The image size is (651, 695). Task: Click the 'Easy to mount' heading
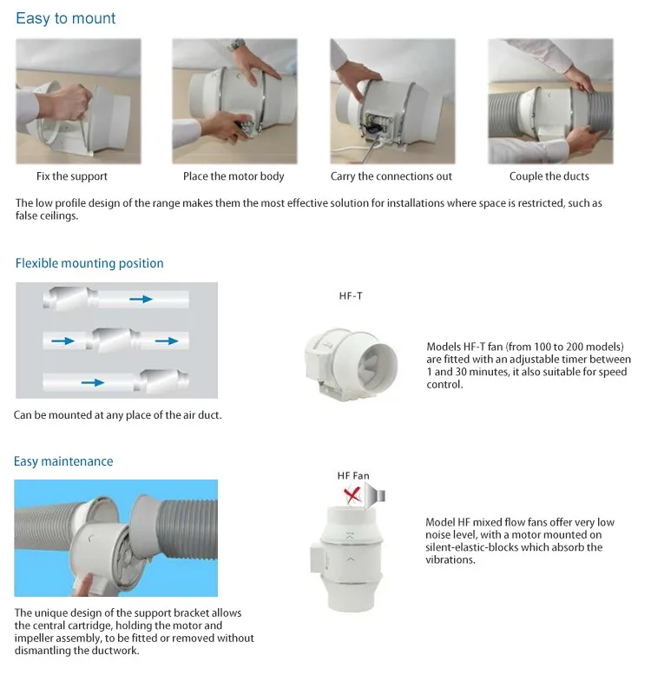point(66,18)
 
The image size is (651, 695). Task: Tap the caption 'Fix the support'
point(72,176)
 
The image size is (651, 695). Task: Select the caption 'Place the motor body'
point(233,176)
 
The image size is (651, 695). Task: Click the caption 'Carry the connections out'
point(391,176)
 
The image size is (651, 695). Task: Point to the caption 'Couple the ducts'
point(549,176)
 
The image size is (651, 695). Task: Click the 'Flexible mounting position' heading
point(89,263)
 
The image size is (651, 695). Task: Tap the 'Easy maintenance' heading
point(63,461)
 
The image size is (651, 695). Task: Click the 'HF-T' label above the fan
point(351,295)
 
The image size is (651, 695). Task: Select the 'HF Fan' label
point(353,475)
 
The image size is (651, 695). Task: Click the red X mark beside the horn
point(352,494)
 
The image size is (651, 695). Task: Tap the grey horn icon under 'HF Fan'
point(375,494)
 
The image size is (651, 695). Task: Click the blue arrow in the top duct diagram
point(141,299)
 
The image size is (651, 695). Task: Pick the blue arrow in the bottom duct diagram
point(93,382)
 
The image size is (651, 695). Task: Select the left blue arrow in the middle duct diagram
point(62,341)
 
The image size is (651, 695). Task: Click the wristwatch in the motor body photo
point(236,45)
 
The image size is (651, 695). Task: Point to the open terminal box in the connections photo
point(375,123)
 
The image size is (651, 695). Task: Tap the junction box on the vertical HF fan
point(316,559)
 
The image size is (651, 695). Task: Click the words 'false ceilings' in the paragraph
point(46,215)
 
